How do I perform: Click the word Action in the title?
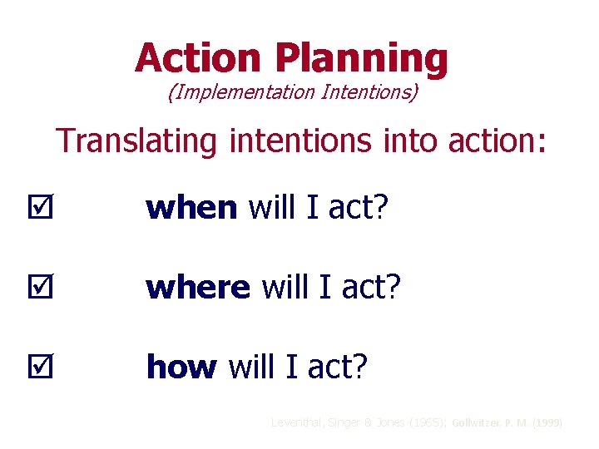click(200, 58)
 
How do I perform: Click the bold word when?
click(191, 208)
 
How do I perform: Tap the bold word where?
click(198, 288)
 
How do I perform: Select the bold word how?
click(181, 367)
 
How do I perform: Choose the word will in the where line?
click(283, 288)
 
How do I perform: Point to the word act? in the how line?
click(338, 367)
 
